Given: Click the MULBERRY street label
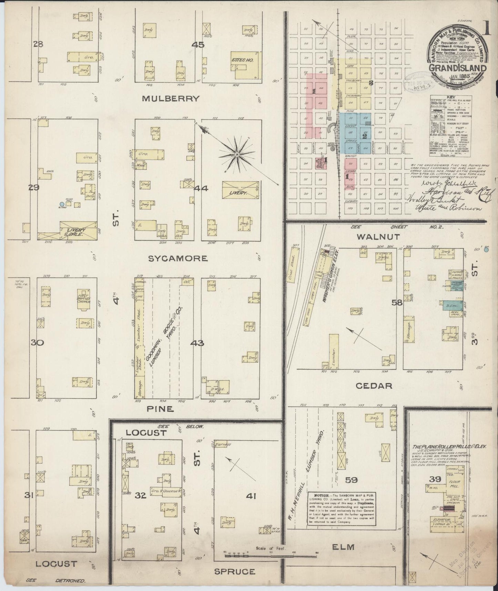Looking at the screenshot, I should pyautogui.click(x=171, y=99).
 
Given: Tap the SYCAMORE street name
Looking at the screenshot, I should pyautogui.click(x=178, y=258).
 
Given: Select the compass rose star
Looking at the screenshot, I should pyautogui.click(x=237, y=156).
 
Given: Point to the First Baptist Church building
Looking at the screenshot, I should pyautogui.click(x=84, y=299).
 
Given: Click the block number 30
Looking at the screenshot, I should pyautogui.click(x=45, y=343).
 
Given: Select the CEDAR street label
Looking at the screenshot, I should pyautogui.click(x=374, y=385).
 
